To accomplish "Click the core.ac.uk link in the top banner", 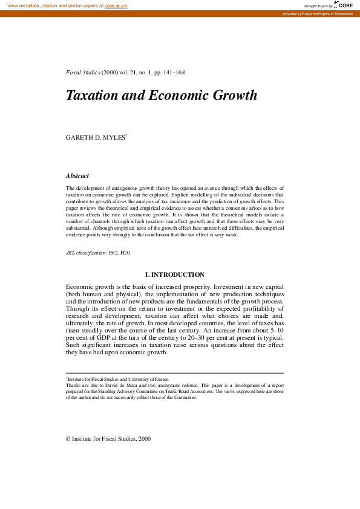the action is tap(116, 5).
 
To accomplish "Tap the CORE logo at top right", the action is tap(344, 5).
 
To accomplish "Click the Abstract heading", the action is tap(77, 175).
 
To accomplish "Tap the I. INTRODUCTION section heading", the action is tap(174, 274).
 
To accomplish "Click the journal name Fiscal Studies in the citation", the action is tap(83, 73).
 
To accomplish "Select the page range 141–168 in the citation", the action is tap(173, 73).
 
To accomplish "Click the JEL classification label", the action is tap(87, 252).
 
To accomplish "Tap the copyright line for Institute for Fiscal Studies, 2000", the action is tap(108, 438).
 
